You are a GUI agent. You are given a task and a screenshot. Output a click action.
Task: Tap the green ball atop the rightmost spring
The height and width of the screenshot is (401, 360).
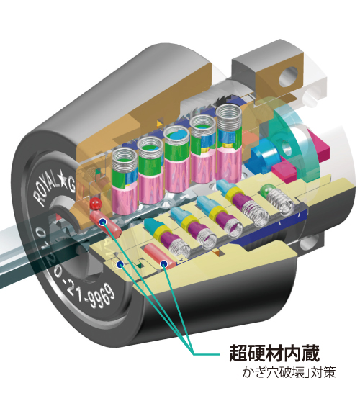pos(266,191)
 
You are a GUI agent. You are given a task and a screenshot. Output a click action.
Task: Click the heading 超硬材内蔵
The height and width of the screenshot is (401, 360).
pos(274,353)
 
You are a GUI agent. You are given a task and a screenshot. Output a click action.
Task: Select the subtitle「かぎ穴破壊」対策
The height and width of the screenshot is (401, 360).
pos(285,372)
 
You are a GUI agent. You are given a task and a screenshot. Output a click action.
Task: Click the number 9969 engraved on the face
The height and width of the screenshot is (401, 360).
pos(100,297)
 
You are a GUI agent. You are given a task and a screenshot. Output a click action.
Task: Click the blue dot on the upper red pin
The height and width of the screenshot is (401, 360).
pos(103,222)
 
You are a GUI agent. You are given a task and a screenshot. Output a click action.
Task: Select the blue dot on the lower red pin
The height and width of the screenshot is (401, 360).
pos(163,263)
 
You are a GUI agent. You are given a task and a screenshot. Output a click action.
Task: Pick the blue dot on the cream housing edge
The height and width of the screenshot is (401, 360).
pos(119,264)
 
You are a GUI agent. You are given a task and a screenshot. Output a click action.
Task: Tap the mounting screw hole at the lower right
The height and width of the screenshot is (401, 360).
pos(310,243)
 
